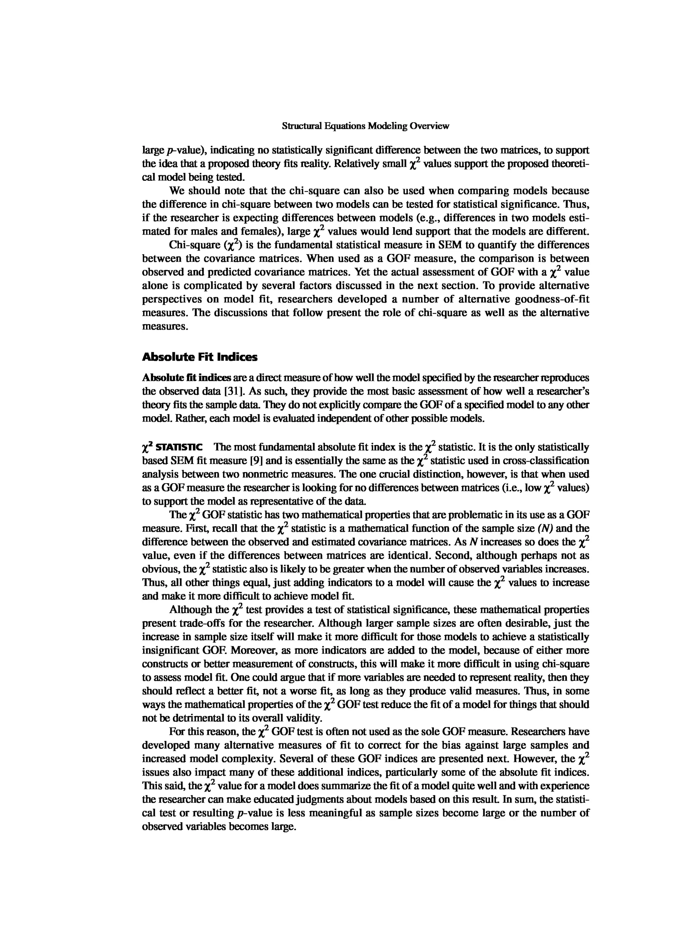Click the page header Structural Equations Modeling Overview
pyautogui.click(x=365, y=126)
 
